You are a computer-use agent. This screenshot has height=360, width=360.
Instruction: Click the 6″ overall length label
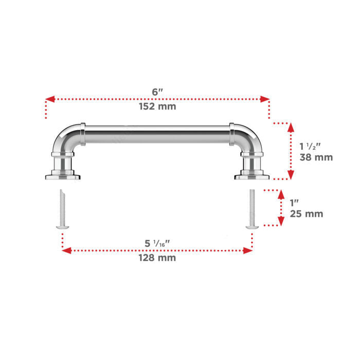click(x=157, y=92)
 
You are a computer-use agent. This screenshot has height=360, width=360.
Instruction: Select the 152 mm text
click(x=157, y=106)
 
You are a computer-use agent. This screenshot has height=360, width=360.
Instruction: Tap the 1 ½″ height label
click(x=310, y=146)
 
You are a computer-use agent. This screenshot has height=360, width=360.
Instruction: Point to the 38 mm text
click(x=316, y=157)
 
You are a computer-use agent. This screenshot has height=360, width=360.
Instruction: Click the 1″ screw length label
click(x=294, y=203)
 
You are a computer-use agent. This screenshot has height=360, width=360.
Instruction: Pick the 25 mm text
click(x=307, y=214)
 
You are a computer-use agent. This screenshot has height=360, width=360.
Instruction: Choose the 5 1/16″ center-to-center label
click(x=157, y=243)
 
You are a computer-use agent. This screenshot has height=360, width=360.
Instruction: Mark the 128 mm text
click(x=157, y=258)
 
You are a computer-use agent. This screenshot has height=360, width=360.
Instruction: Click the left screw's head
click(x=62, y=227)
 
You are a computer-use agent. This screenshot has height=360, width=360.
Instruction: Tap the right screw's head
click(x=252, y=227)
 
